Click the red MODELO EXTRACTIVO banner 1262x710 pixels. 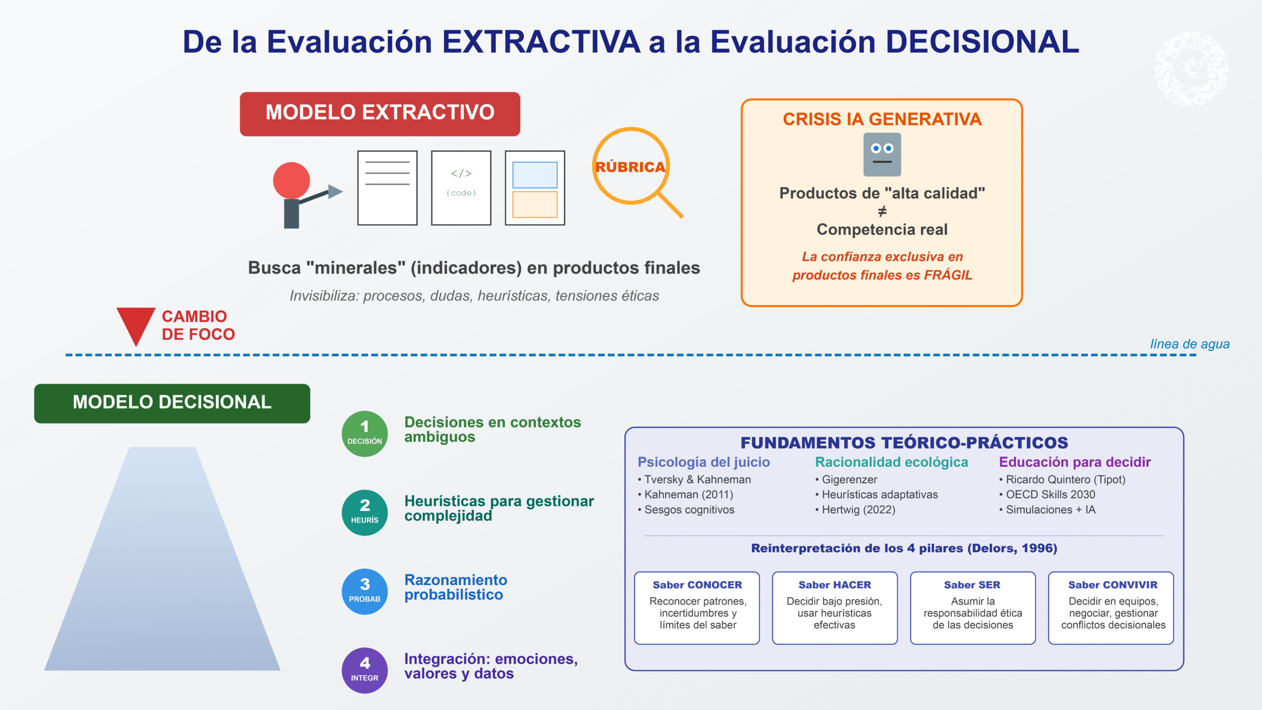coord(380,114)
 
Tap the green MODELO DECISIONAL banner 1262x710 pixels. coord(172,403)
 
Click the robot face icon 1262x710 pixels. coord(882,154)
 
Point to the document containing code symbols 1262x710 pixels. coord(461,188)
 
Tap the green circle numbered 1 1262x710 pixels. coord(365,434)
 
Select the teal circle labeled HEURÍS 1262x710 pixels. coord(365,513)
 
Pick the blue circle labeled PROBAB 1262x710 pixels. coord(365,592)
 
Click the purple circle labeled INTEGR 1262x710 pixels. coord(365,671)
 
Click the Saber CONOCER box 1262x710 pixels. coord(697,608)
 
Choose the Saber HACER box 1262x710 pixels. coord(835,608)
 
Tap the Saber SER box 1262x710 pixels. coord(973,608)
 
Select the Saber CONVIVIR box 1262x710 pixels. coord(1111,608)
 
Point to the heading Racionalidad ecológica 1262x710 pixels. coord(891,462)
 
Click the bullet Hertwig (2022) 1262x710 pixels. coord(855,510)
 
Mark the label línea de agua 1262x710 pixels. coord(1190,344)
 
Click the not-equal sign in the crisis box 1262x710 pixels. coord(882,212)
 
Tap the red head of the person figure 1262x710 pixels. coord(291,180)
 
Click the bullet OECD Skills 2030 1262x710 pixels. coord(1047,495)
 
